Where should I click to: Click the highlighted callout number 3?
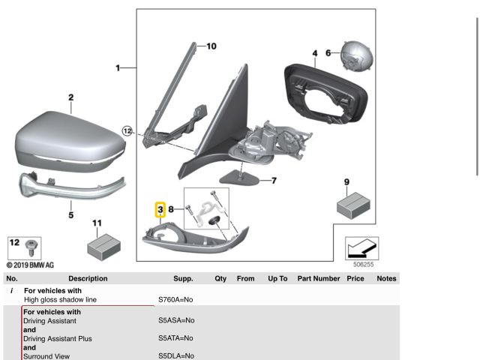160,209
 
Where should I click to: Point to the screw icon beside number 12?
31,246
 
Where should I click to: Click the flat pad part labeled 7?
239,178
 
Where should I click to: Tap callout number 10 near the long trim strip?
211,46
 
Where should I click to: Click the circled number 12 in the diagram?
127,131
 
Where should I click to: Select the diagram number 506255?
363,264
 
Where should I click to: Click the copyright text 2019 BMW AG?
30,265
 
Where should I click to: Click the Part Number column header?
318,278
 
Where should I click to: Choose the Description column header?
88,278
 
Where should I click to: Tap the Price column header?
355,278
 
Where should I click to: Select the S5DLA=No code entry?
175,356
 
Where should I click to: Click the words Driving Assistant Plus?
58,338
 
